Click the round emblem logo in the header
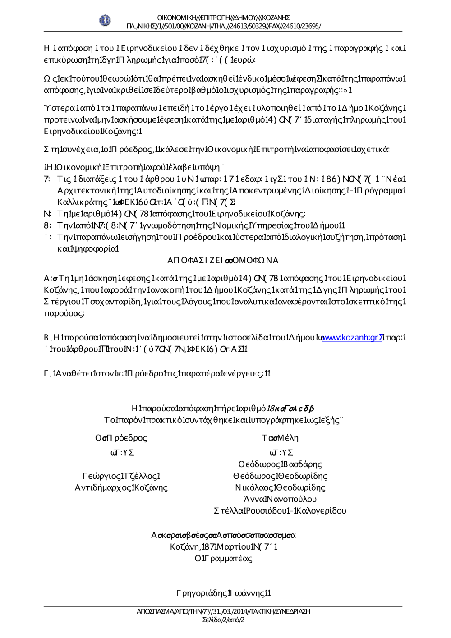tap(105, 21)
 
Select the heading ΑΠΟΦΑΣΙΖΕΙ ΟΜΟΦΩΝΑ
tap(223, 260)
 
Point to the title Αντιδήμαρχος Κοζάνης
tap(121, 487)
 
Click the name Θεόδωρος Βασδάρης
tap(280, 464)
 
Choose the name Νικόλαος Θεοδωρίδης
tap(280, 487)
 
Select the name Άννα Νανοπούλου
tap(280, 499)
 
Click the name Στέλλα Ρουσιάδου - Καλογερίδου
tap(280, 511)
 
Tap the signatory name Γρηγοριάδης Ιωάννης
tap(224, 593)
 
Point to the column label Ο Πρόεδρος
tap(121, 438)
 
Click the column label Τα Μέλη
tap(280, 438)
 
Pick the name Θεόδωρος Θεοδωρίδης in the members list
tap(280, 476)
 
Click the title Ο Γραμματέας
tap(224, 559)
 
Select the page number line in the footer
tap(223, 620)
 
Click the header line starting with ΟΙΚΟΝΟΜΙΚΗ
tap(223, 18)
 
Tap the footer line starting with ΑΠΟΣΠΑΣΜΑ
tap(223, 612)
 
